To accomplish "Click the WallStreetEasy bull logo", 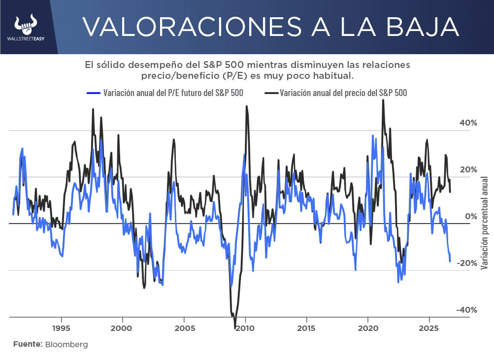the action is click(26, 25).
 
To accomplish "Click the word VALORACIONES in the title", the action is click(192, 27).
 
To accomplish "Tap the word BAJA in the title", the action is click(423, 27).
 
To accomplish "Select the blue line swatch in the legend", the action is click(93, 93).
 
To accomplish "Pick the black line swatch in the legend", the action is click(271, 93).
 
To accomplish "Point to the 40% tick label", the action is click(468, 123).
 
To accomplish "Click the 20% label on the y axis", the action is click(468, 170).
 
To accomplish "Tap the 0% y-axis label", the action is click(471, 216).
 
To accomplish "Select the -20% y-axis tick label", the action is click(467, 263).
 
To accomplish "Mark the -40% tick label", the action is click(467, 310).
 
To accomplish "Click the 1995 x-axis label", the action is click(62, 328).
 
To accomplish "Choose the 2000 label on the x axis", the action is click(121, 328).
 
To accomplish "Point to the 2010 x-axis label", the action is click(245, 328).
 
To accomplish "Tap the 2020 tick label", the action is click(368, 328).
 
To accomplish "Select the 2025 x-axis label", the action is click(429, 328).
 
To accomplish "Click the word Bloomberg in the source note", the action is click(66, 345).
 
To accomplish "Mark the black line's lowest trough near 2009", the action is click(235, 328).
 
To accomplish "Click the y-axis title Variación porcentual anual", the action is click(484, 223).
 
